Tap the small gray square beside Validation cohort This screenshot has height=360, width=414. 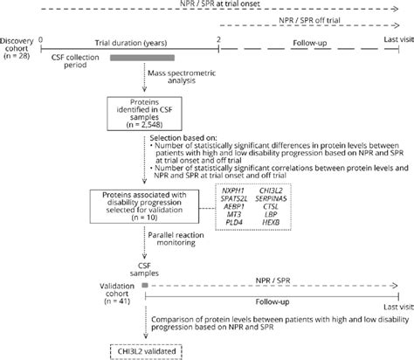[144, 285]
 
